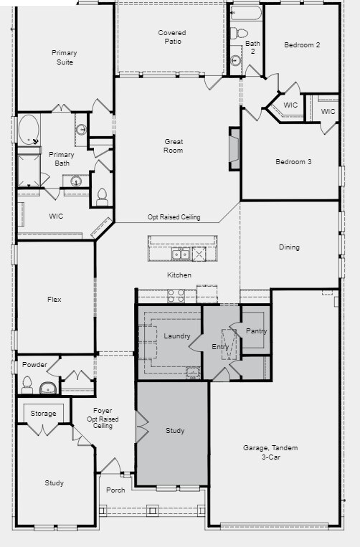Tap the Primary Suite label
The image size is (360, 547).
[64, 57]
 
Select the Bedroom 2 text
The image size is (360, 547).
[302, 45]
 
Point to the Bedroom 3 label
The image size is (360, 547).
[293, 162]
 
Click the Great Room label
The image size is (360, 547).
[174, 146]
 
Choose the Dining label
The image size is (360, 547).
[289, 247]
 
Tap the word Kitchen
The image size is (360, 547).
[179, 275]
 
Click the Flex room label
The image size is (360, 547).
[54, 300]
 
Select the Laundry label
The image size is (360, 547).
[176, 336]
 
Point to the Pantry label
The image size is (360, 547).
[256, 331]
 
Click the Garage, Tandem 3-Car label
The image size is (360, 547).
[270, 452]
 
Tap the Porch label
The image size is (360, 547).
[115, 490]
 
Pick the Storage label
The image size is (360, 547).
[43, 414]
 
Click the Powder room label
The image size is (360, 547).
[34, 365]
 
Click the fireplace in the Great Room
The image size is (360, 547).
[234, 149]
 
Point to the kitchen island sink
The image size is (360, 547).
[179, 255]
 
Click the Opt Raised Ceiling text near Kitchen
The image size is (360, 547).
[174, 217]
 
